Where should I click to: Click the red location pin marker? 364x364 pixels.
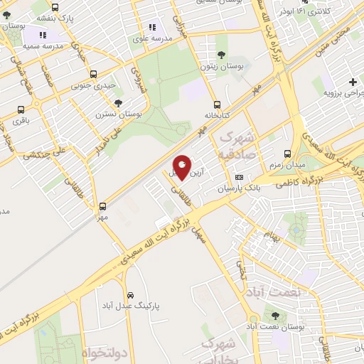[183, 168]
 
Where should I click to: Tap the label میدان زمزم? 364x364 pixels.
[285, 165]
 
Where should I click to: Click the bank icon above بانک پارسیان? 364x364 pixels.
[239, 177]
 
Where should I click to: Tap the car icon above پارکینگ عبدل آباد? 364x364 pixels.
[130, 294]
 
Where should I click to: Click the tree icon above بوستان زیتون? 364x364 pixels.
[222, 54]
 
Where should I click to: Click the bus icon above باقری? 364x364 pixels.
[20, 109]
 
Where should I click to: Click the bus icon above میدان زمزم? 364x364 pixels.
[287, 154]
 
